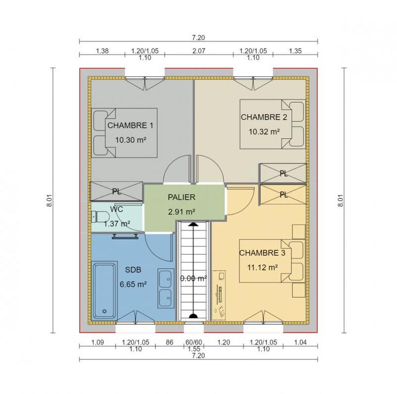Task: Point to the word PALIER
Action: point(181,197)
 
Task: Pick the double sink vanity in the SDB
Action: point(165,289)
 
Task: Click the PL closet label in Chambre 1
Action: point(117,191)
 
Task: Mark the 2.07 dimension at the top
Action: point(198,51)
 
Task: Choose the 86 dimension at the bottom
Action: point(169,342)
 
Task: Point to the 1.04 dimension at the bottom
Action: point(300,342)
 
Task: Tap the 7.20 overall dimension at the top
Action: point(198,37)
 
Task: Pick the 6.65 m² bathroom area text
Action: point(132,284)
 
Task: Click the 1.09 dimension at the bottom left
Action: point(97,342)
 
